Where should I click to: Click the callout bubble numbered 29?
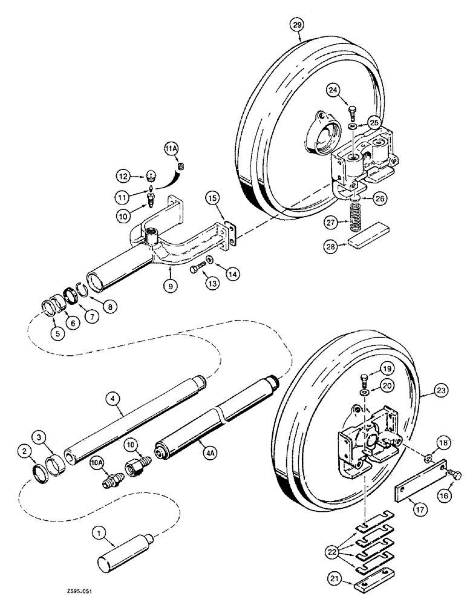[x=296, y=25]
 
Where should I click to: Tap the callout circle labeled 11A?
[x=170, y=148]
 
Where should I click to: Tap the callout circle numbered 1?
[x=98, y=532]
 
